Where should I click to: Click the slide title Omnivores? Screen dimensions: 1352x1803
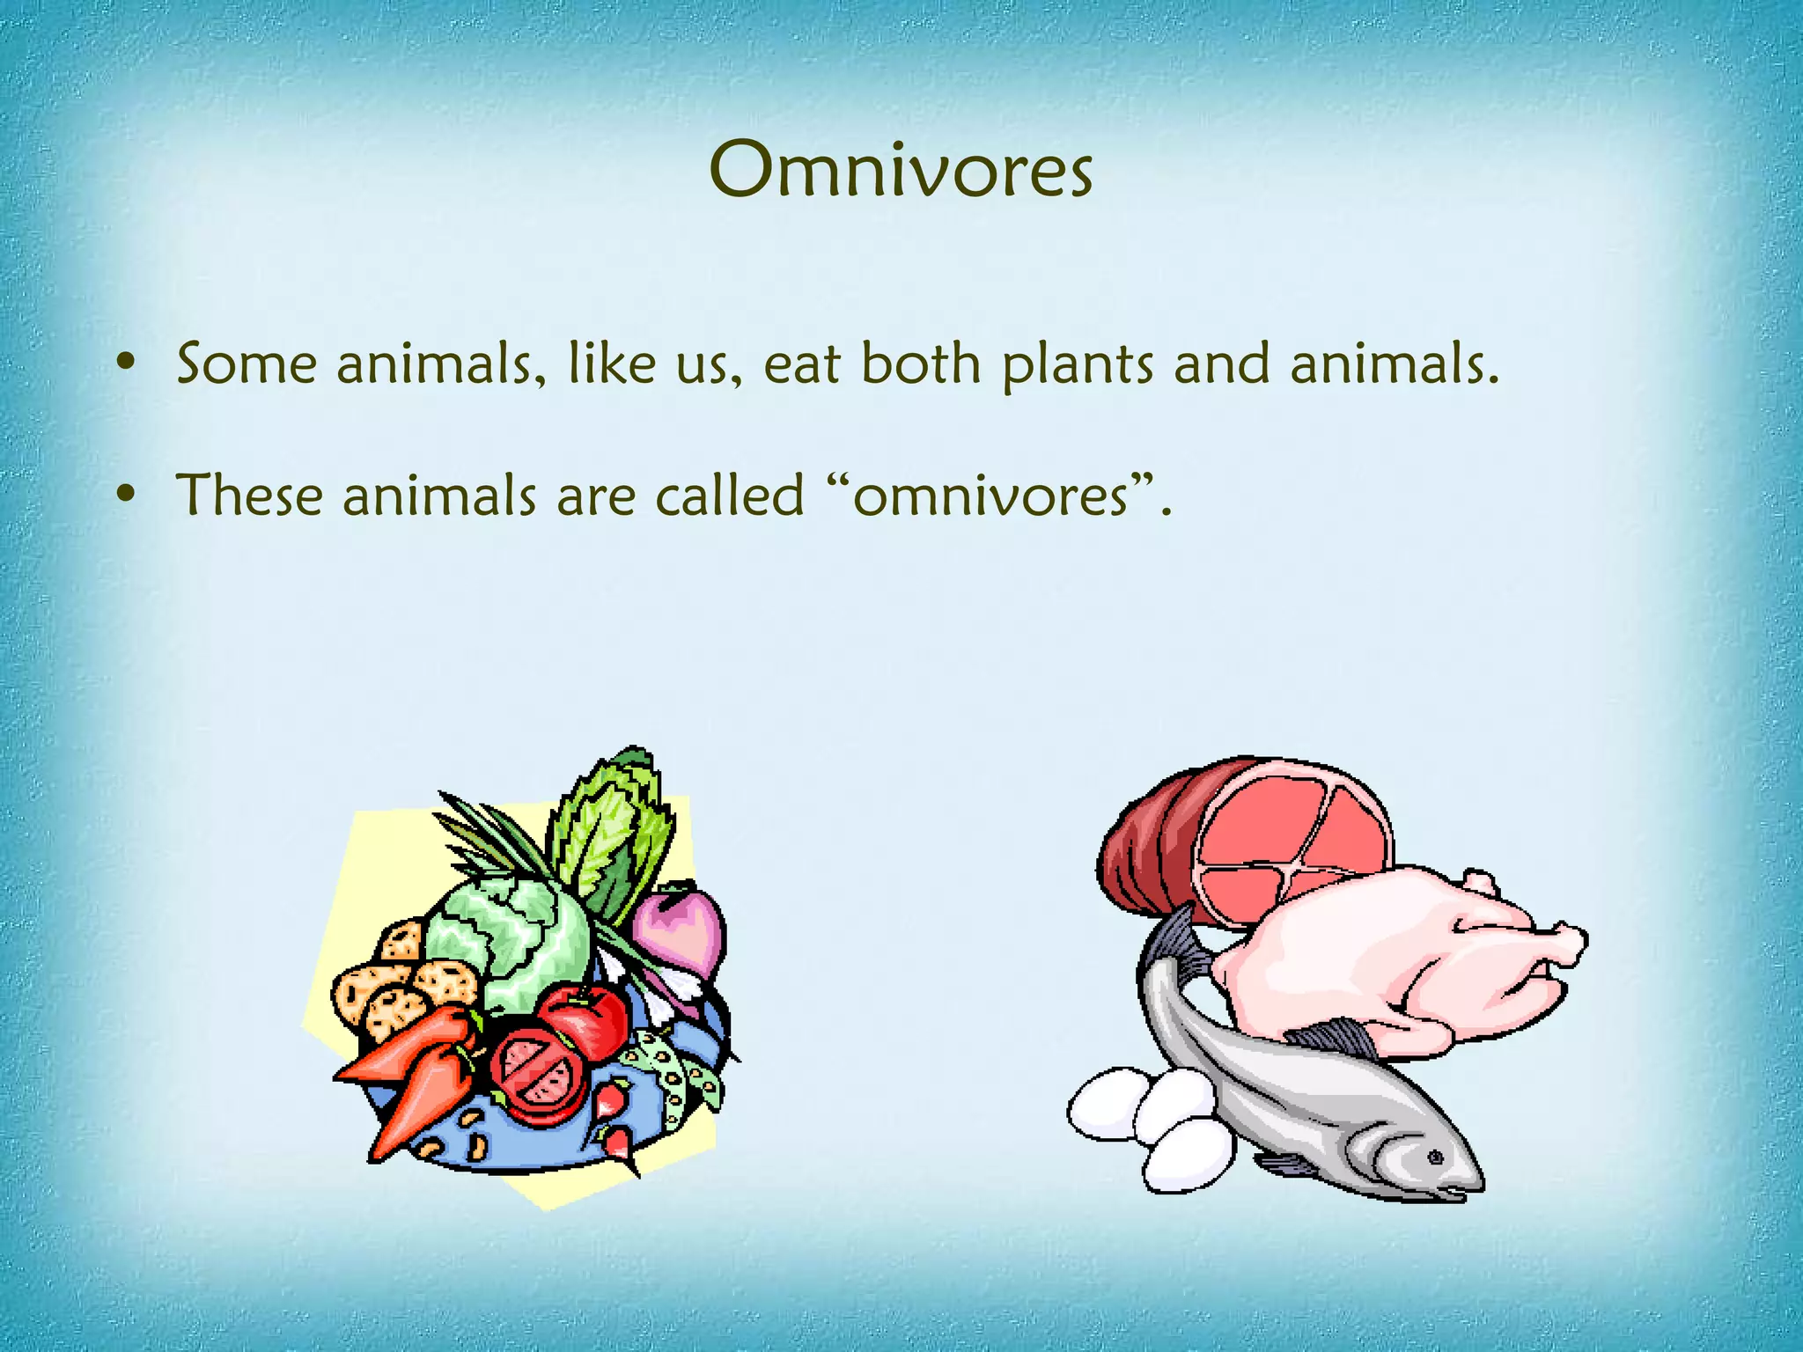901,170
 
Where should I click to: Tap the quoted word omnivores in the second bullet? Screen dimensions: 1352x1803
990,496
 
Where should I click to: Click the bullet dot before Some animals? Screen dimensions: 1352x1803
127,362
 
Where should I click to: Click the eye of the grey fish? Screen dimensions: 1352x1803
1435,1157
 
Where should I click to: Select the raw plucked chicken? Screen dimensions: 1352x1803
1391,959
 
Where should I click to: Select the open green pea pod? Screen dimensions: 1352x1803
673,1078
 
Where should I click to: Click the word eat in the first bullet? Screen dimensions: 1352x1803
801,365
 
